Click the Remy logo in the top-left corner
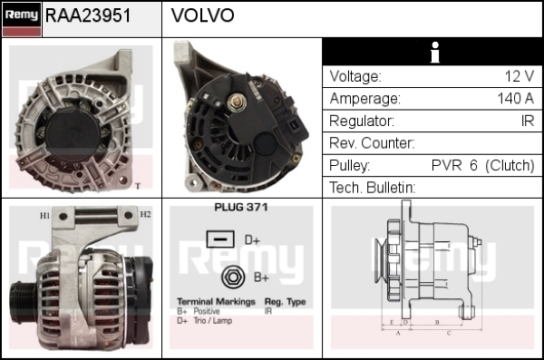tap(22, 19)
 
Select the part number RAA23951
tap(88, 15)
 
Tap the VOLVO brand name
tap(202, 15)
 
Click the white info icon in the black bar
tap(434, 53)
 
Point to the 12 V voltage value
tap(519, 76)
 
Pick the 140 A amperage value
tap(516, 99)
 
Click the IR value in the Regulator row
tap(528, 121)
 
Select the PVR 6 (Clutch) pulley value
tap(482, 165)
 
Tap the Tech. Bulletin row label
tap(372, 188)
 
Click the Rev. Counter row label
tap(372, 143)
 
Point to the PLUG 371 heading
tap(241, 208)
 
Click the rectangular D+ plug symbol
tap(220, 239)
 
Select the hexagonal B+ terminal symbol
tap(233, 277)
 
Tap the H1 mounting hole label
tap(44, 216)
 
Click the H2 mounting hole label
tap(145, 214)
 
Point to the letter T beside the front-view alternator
tap(138, 187)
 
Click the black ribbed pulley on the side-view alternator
tap(22, 298)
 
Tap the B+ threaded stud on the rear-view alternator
tap(237, 102)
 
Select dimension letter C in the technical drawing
tap(449, 334)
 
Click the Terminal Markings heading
tap(216, 302)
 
